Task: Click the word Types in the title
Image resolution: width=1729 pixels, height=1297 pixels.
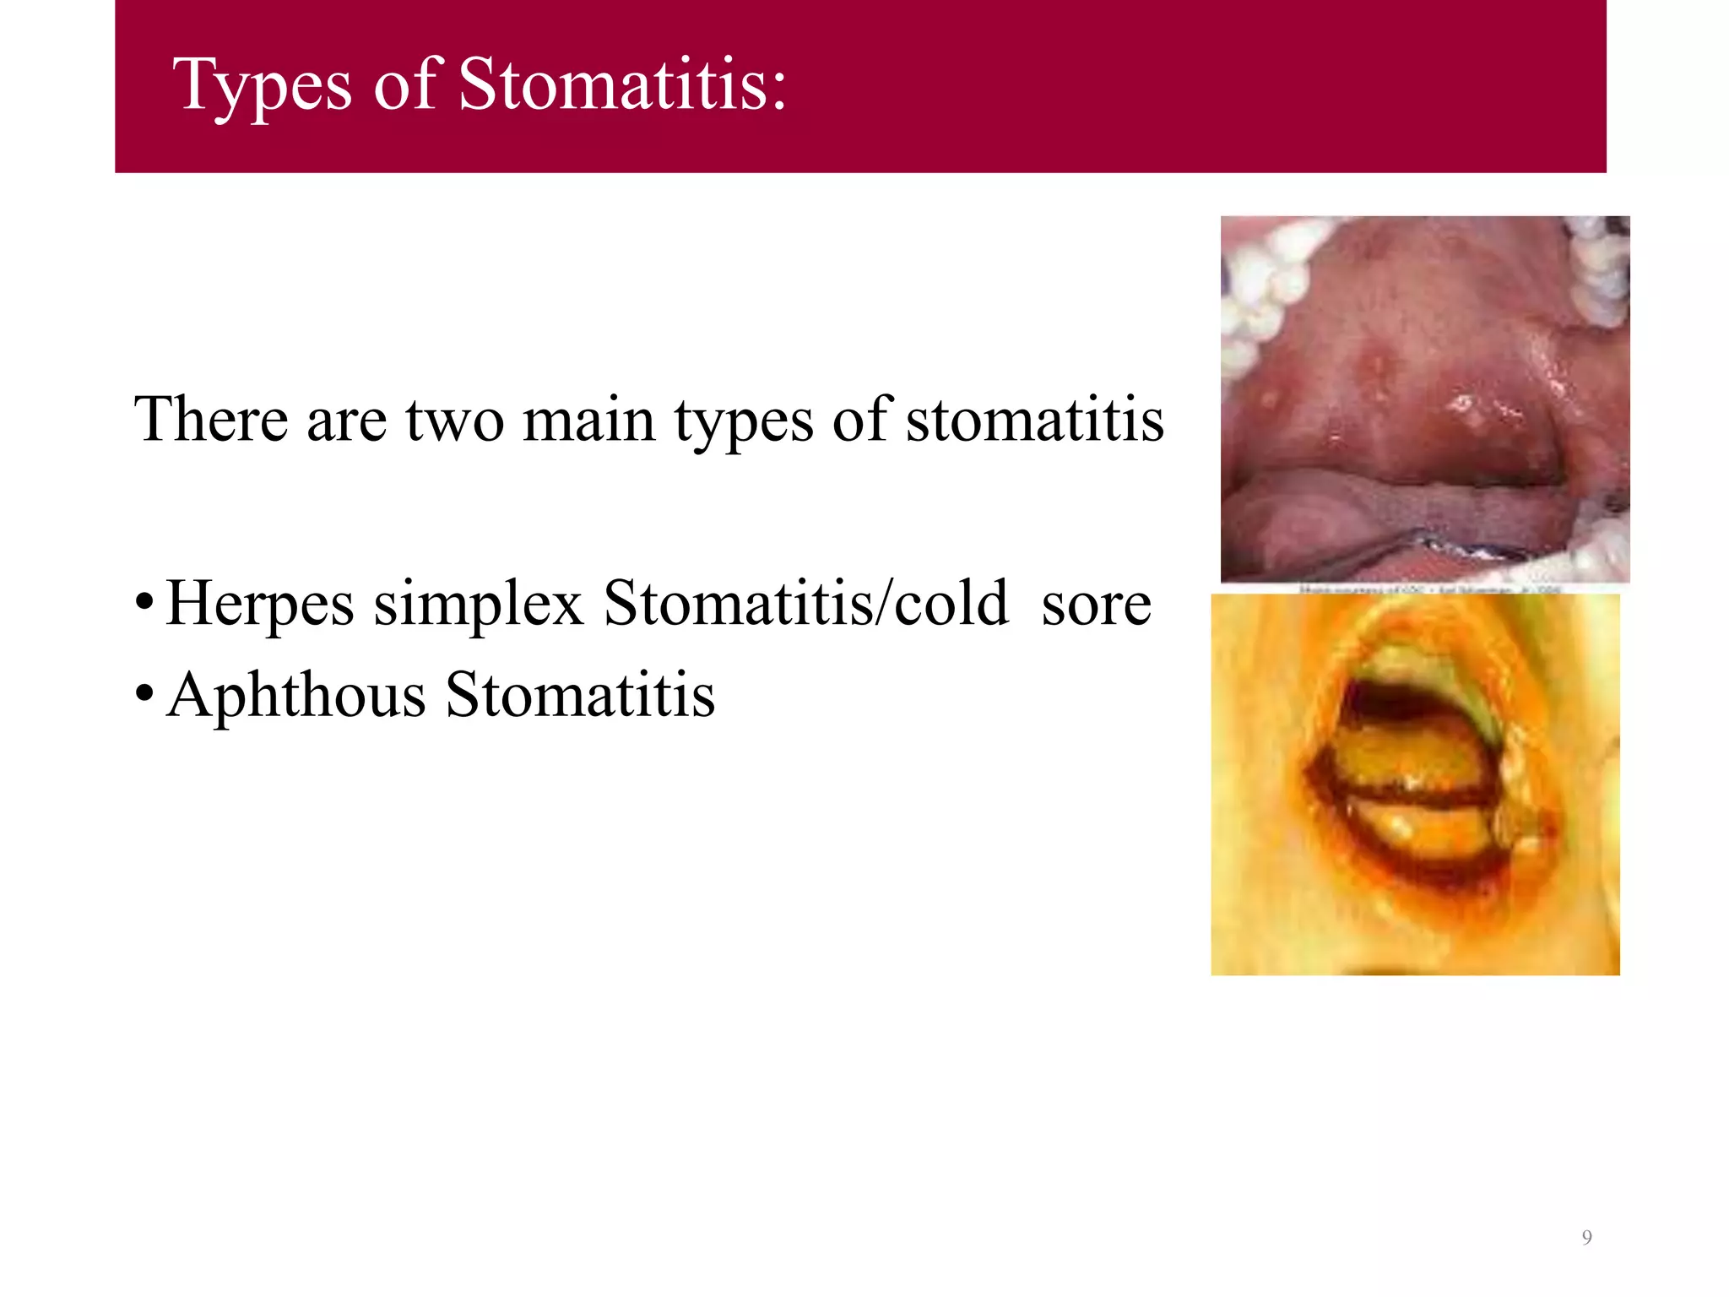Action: click(x=262, y=86)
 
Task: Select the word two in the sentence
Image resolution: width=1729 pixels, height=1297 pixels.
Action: click(x=455, y=421)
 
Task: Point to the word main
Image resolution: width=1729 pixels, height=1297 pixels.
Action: click(x=588, y=420)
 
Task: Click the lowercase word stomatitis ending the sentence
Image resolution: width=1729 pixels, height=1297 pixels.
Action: click(x=1035, y=420)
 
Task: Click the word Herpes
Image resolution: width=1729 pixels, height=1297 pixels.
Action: click(x=260, y=605)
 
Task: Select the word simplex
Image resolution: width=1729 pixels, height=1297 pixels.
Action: click(x=479, y=605)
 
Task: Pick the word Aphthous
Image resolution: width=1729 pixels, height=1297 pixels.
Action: click(x=296, y=696)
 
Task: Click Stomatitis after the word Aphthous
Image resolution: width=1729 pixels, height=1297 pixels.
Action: click(x=580, y=695)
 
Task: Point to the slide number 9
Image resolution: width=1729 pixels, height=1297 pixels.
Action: click(x=1586, y=1238)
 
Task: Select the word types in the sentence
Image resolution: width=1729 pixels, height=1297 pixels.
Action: click(x=743, y=421)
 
